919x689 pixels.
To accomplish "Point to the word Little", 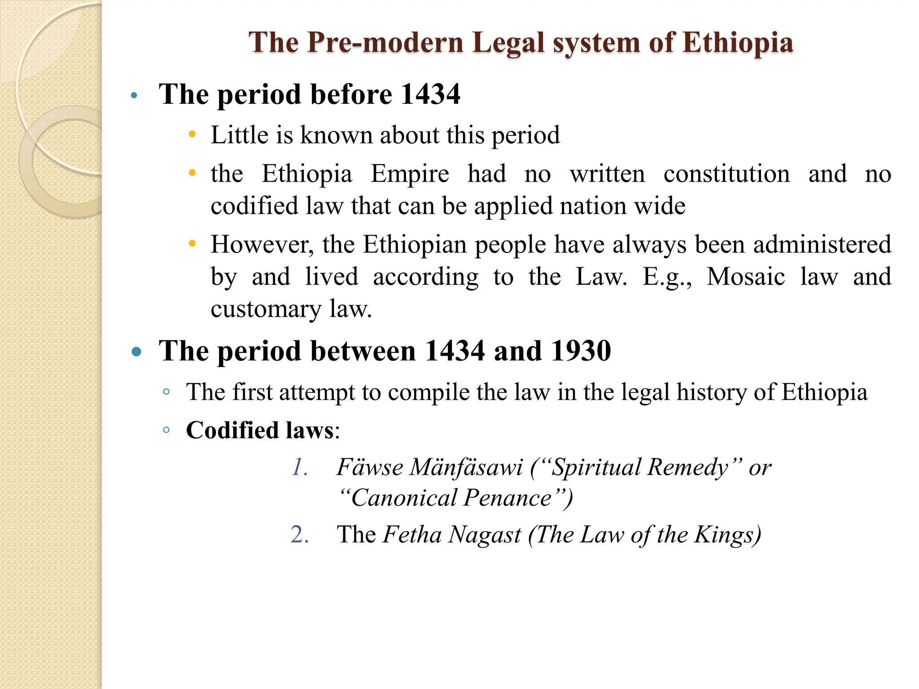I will click(x=239, y=135).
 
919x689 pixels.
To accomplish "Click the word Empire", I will click(x=409, y=174).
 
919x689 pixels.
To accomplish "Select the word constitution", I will click(x=726, y=174).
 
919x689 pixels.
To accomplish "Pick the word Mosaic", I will click(x=746, y=277).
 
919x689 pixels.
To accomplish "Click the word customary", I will click(x=266, y=309).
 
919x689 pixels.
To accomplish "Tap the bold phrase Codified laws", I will click(x=260, y=430).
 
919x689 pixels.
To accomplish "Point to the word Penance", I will click(x=508, y=498).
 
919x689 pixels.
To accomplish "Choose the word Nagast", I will click(x=485, y=535).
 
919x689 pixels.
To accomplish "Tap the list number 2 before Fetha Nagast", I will click(x=299, y=535).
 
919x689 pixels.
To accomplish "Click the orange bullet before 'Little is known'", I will click(x=193, y=135).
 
